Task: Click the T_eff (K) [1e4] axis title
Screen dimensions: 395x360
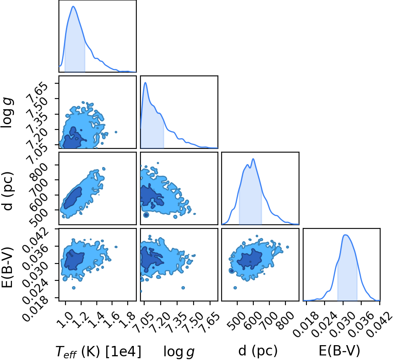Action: tap(98, 351)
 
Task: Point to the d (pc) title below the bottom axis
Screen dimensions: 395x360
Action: tap(258, 351)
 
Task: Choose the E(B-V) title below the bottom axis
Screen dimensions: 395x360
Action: tap(339, 351)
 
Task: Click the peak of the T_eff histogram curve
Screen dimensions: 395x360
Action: tap(73, 6)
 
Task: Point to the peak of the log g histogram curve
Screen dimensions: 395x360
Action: tap(145, 82)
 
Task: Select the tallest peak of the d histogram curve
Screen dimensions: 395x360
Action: tap(253, 159)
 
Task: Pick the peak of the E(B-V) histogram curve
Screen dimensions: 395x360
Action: tap(346, 235)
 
